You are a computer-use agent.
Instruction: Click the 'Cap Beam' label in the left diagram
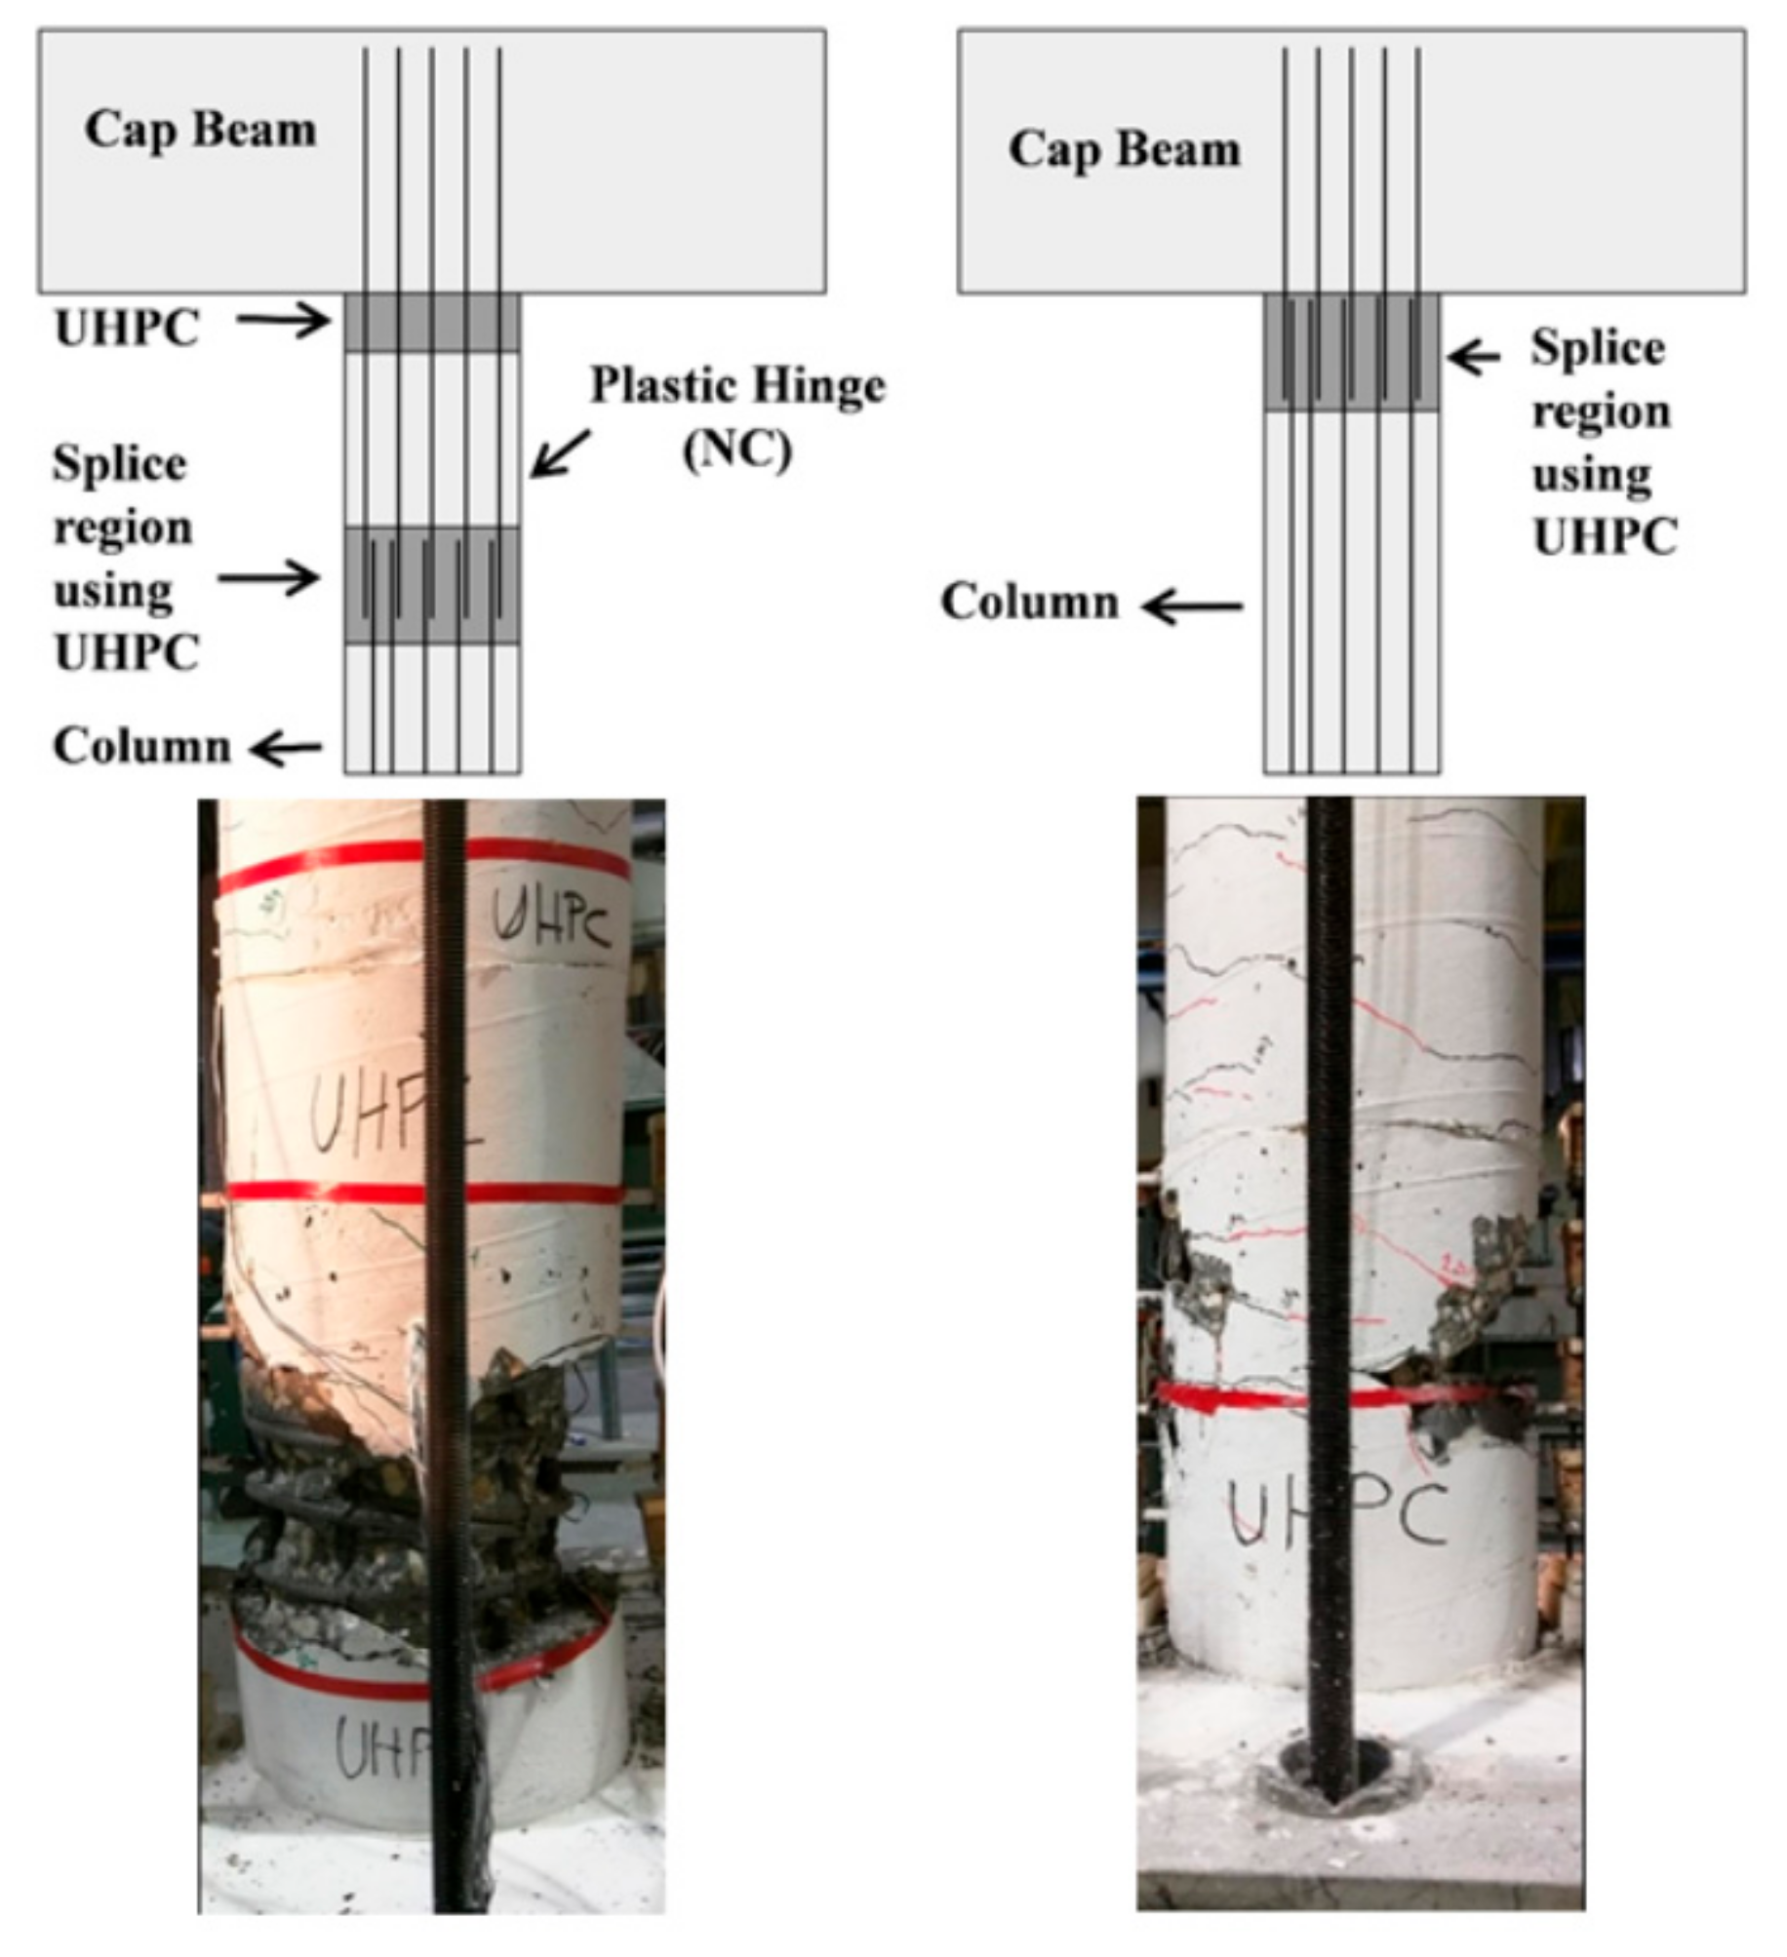coord(200,130)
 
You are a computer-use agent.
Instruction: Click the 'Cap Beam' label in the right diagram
coord(1124,150)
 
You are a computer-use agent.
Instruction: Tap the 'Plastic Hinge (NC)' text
coord(737,416)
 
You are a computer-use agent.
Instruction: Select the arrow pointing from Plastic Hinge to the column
coord(561,452)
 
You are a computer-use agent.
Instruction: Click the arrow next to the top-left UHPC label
coord(284,319)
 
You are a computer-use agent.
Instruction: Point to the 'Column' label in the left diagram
coord(141,747)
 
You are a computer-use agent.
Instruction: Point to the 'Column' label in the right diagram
coord(1029,603)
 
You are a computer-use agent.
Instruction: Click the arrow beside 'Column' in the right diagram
coord(1193,607)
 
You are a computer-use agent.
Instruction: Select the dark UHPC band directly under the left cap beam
coord(432,323)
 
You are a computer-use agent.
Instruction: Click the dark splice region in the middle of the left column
coord(432,585)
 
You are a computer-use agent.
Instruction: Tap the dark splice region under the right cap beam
coord(1351,352)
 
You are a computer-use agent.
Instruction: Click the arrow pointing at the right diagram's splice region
coord(1474,357)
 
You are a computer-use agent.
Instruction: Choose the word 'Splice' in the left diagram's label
coord(119,465)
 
